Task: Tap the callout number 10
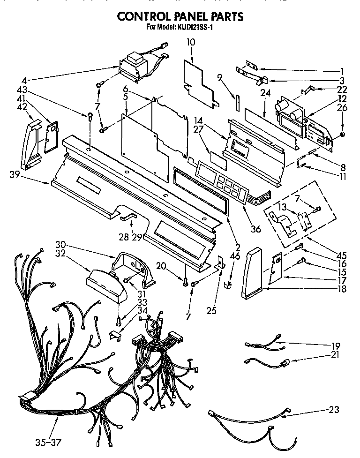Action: tap(191, 43)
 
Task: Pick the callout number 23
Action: tap(333, 409)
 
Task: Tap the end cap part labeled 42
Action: tap(33, 144)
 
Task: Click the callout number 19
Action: tap(335, 346)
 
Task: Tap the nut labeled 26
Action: tap(343, 135)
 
